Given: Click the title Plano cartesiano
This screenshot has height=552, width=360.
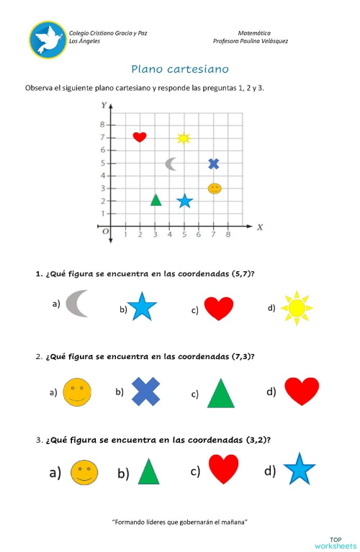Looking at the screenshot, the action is click(180, 70).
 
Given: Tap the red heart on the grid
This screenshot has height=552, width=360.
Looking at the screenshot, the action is click(140, 137).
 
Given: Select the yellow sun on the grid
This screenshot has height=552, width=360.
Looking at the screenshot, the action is click(184, 137).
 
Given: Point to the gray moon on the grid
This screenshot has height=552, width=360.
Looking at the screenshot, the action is click(171, 164).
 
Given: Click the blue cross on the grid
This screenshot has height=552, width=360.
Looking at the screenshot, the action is click(213, 163).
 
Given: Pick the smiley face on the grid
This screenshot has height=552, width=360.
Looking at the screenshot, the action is click(215, 189).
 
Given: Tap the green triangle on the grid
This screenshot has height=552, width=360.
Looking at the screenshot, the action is click(156, 199).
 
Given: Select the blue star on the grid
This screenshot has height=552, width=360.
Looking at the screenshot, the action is click(184, 201).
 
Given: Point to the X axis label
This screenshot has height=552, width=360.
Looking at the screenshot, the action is click(260, 227).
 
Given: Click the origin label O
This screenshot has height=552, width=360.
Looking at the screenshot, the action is click(105, 231).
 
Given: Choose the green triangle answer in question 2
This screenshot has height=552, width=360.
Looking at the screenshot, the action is click(221, 393).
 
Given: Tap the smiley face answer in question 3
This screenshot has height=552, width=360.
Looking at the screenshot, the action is click(84, 473).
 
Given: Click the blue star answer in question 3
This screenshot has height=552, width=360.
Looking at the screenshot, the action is click(300, 470).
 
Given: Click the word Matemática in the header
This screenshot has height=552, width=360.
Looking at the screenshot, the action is click(253, 33).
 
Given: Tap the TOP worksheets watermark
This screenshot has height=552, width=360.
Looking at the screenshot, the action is click(335, 541).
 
